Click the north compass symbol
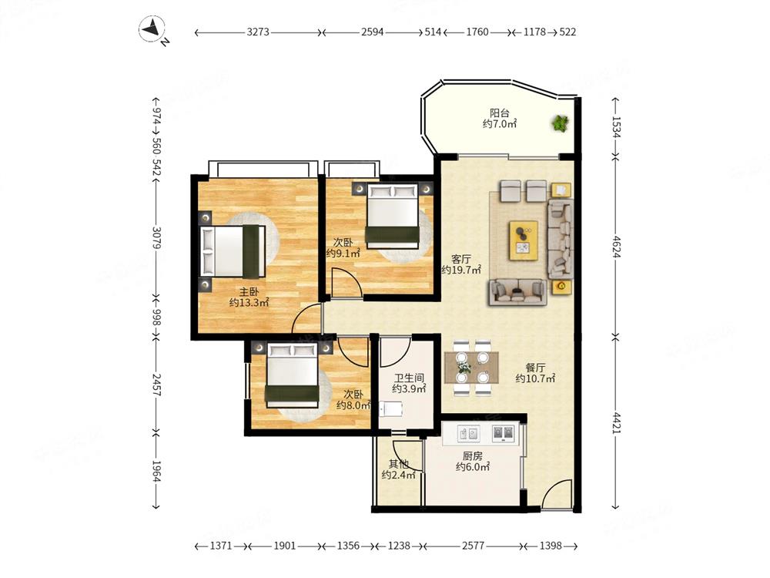point(152,30)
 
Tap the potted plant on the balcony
point(560,123)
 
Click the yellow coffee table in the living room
point(524,240)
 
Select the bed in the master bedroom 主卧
point(233,251)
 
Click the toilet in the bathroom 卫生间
point(391,408)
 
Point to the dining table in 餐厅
point(471,368)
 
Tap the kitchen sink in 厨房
point(468,433)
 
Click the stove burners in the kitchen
point(504,432)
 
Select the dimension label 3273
point(258,32)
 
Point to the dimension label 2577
point(473,546)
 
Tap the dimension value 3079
point(156,237)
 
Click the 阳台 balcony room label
point(500,113)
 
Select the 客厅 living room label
point(461,258)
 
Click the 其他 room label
point(398,463)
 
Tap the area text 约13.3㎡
point(249,303)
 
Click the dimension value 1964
point(156,470)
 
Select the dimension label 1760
point(477,32)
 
